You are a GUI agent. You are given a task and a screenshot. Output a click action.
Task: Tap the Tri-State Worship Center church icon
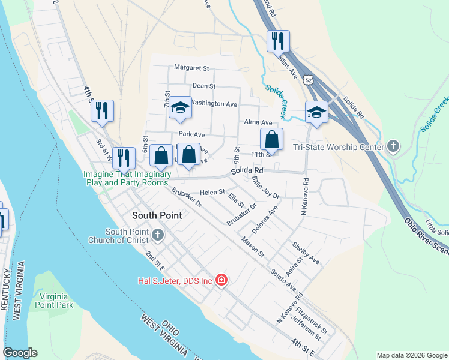pos(393,146)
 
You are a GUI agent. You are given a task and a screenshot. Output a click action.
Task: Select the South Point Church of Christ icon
pos(158,235)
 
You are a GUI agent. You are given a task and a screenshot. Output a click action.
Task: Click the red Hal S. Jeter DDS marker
pos(221,280)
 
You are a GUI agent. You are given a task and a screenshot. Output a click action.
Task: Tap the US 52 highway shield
pos(309,79)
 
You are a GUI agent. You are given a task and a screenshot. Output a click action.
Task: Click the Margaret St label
pos(191,68)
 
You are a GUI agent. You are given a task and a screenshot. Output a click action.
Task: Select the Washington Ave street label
pos(215,104)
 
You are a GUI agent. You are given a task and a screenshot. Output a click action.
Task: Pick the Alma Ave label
pos(259,122)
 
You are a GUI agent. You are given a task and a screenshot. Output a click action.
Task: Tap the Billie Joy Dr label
pos(265,187)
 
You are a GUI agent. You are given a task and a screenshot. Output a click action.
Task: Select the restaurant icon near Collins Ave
pos(278,41)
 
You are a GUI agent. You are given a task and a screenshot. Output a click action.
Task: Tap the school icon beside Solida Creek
pos(316,112)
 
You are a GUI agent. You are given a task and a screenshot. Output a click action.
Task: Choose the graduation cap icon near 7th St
pos(179,107)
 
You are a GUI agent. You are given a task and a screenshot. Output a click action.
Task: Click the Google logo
pos(20,353)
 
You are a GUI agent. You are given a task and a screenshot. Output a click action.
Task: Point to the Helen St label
pos(212,192)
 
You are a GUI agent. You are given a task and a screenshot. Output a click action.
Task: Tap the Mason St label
pos(253,247)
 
